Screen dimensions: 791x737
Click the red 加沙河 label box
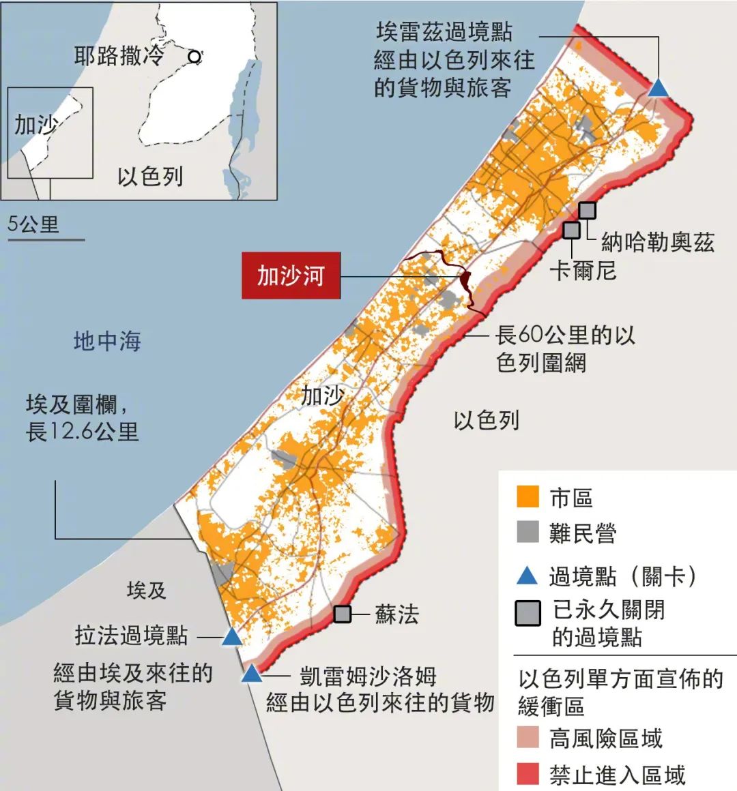click(291, 276)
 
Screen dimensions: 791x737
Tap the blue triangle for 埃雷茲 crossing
click(658, 89)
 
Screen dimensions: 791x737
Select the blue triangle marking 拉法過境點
click(231, 638)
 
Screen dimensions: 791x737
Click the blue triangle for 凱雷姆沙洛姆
click(252, 674)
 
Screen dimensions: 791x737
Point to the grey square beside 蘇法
click(343, 614)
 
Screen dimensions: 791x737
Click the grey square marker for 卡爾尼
click(571, 230)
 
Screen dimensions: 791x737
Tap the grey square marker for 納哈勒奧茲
click(587, 211)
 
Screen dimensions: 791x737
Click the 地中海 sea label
click(107, 340)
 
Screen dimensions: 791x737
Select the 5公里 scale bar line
click(46, 239)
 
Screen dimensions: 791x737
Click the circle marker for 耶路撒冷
click(195, 57)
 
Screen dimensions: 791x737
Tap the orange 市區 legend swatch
click(528, 497)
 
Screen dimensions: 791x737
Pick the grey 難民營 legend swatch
click(528, 532)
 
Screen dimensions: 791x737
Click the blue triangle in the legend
click(528, 576)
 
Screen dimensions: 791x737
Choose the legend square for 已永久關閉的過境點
click(528, 613)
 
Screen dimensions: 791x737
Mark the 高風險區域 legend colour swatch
click(528, 738)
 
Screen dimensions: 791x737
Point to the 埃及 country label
click(146, 590)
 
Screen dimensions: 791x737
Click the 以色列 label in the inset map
click(150, 177)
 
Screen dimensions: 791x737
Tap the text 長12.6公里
click(82, 432)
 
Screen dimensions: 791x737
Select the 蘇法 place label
click(396, 614)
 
